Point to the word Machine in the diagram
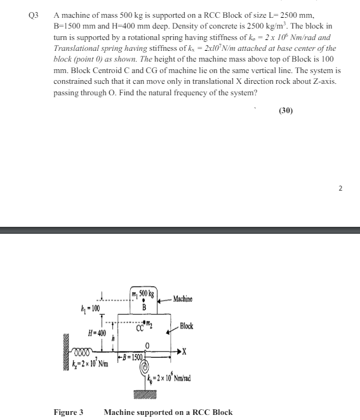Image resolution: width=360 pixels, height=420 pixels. [182, 299]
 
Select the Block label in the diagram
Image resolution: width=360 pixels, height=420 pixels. [186, 326]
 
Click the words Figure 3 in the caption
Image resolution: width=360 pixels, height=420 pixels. [68, 412]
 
